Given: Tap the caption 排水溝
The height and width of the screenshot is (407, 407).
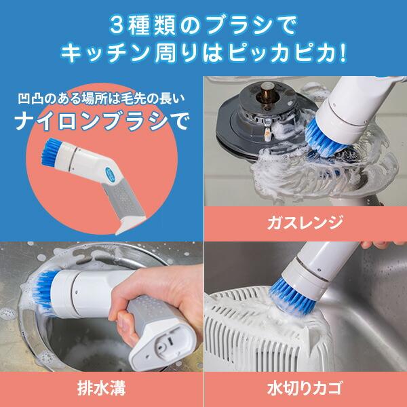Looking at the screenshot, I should coord(101,389).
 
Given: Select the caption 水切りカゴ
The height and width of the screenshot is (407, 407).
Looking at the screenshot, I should coord(305,389).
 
